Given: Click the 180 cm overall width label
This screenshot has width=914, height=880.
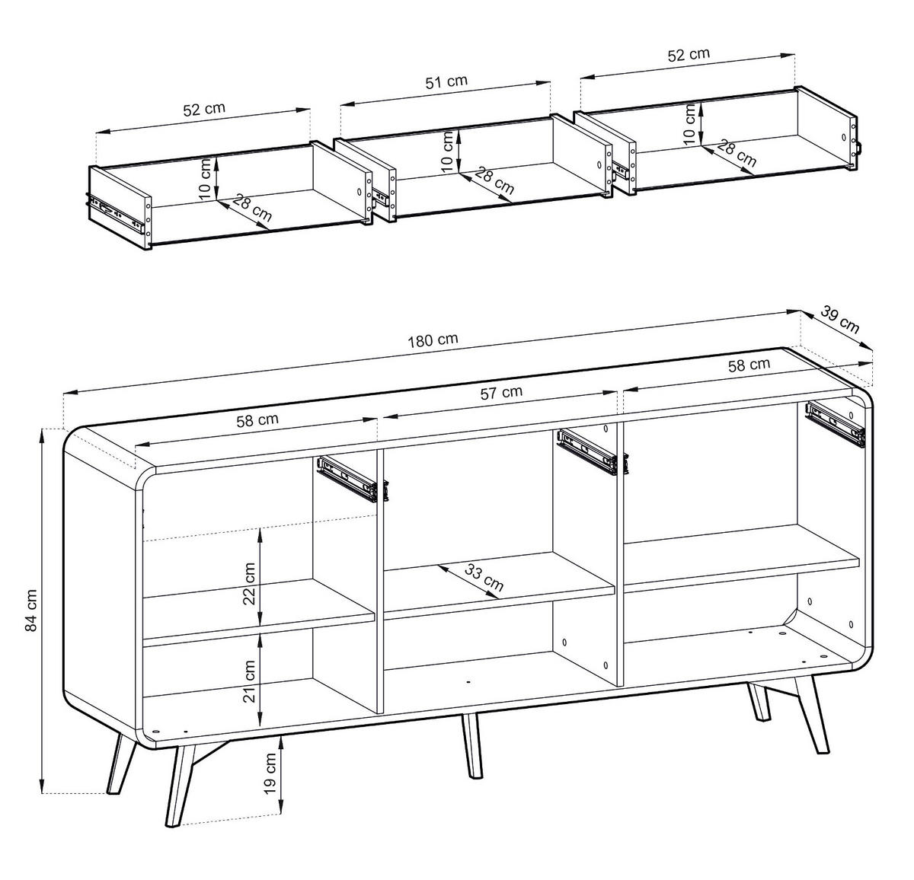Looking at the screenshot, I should coord(433,340).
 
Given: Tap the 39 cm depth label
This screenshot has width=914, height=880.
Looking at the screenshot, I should coord(839,320).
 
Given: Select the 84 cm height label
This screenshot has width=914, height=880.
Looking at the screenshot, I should coord(30,611).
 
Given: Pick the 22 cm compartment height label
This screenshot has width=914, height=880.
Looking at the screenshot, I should coord(248,582).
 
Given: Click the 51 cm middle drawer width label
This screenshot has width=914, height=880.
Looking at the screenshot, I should coord(446,81).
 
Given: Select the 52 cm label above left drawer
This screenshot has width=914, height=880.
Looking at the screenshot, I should coord(204,108).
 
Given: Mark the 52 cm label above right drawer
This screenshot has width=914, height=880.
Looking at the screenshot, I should coord(688,54).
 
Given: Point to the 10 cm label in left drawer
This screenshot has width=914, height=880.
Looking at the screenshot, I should coord(205,181).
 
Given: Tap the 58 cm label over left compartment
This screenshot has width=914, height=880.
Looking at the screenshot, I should coord(257,419).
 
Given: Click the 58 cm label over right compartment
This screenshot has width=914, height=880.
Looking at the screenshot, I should coord(749,365).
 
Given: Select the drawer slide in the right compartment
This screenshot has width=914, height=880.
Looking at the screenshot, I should coord(835,423).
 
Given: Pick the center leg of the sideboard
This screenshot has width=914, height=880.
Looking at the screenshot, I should coord(471,745).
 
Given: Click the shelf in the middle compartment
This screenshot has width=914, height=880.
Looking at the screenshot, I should coord(499,582).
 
